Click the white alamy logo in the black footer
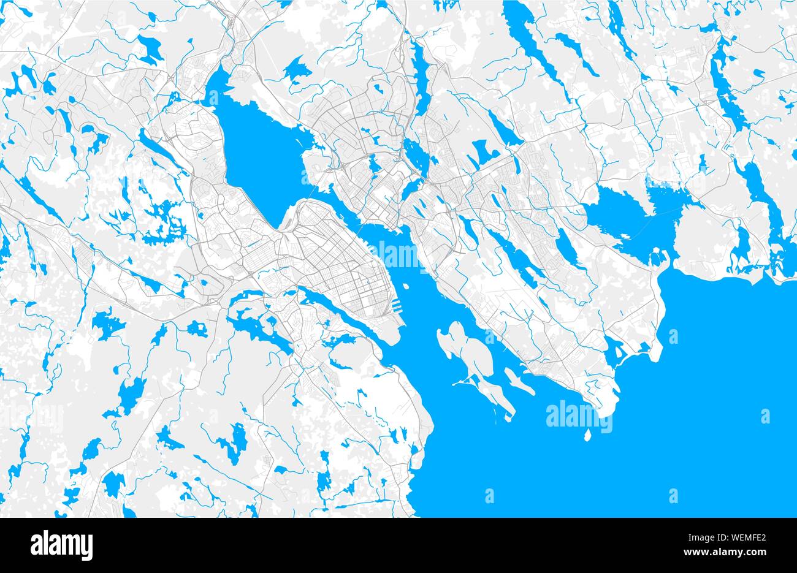click(x=62, y=544)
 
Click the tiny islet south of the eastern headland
click(x=587, y=436)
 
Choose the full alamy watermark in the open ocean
click(x=579, y=414)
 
